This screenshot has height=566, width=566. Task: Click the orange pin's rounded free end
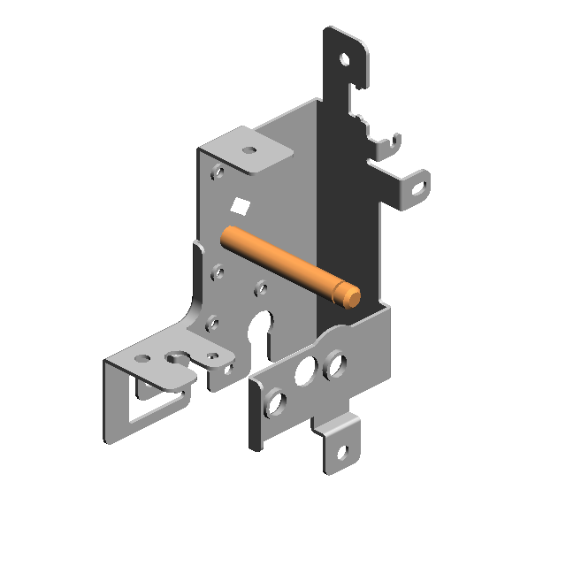point(352,295)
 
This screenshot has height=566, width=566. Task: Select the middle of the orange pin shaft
point(283,263)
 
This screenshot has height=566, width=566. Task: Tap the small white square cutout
point(239,207)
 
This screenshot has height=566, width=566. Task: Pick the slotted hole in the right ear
point(418,187)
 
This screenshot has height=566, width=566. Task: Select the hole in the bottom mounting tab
point(343,455)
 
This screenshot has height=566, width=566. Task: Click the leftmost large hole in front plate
point(276,403)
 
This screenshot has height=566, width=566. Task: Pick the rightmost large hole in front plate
point(334,363)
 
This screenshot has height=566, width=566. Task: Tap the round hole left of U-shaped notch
point(141,359)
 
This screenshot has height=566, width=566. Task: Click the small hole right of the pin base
point(261,287)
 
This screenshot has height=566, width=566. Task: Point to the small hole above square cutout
point(218,172)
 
